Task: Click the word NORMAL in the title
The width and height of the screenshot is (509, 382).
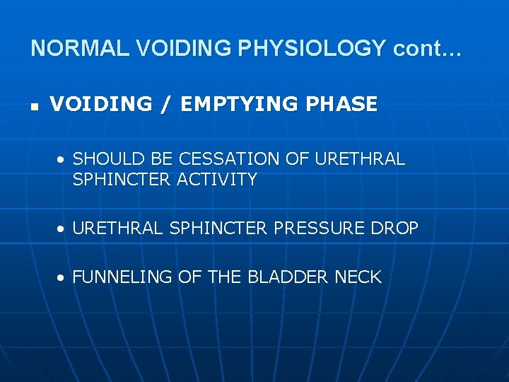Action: coord(79,48)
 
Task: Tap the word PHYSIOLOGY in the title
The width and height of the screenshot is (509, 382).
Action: coord(312,48)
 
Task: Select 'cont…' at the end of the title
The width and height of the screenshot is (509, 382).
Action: coord(428,48)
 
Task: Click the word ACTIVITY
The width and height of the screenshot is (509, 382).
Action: coord(217,180)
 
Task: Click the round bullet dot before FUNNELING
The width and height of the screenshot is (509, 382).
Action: coord(63,278)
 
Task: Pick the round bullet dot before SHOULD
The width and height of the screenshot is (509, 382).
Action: coord(63,160)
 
